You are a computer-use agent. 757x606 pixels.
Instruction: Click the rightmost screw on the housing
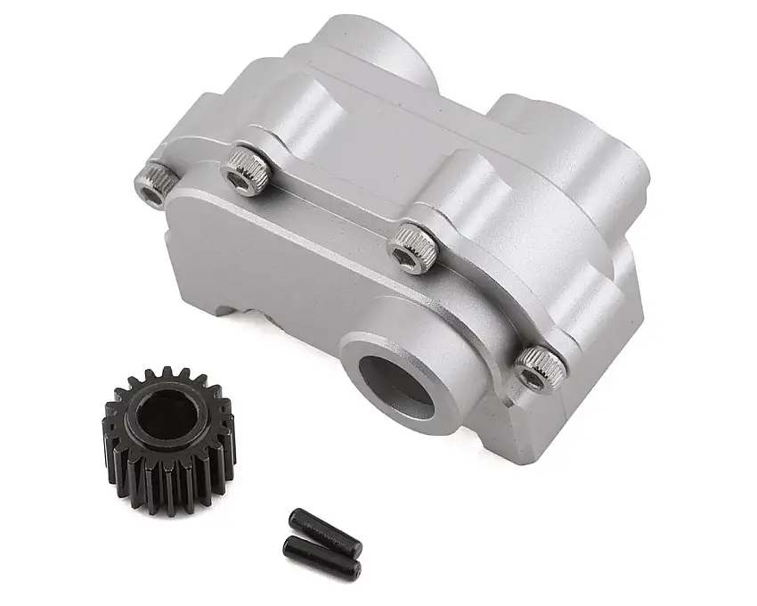pos(539,368)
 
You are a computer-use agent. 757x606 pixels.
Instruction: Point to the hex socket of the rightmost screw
pos(533,378)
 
